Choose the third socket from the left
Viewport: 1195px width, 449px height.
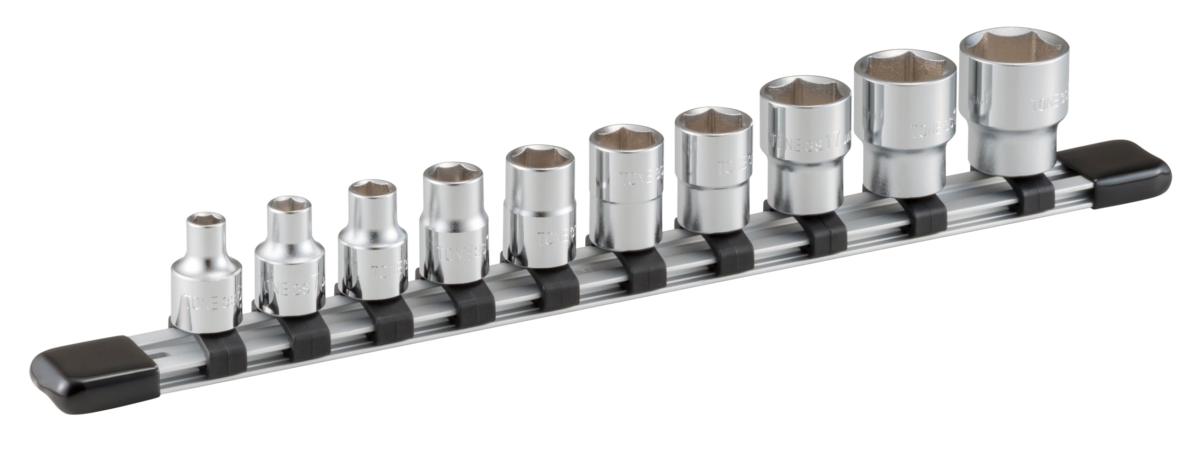(x=373, y=243)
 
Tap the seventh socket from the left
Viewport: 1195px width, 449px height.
(x=713, y=168)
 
